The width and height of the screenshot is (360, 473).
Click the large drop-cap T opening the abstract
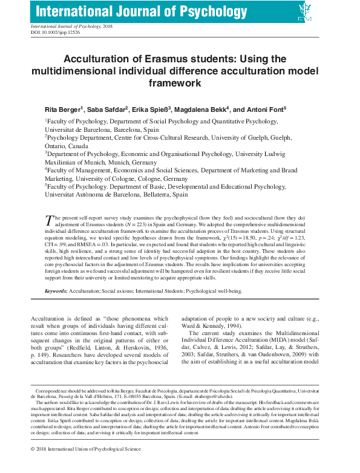(49, 220)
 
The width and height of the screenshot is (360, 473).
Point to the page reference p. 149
(41, 357)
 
